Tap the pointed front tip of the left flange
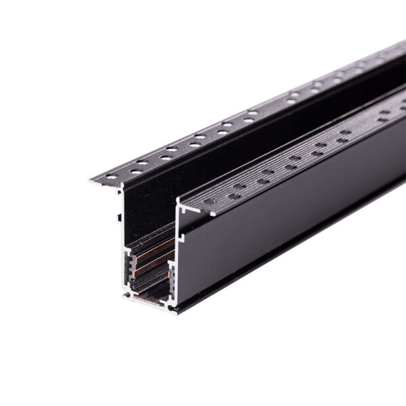click(x=91, y=181)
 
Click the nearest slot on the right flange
click(x=209, y=201)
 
